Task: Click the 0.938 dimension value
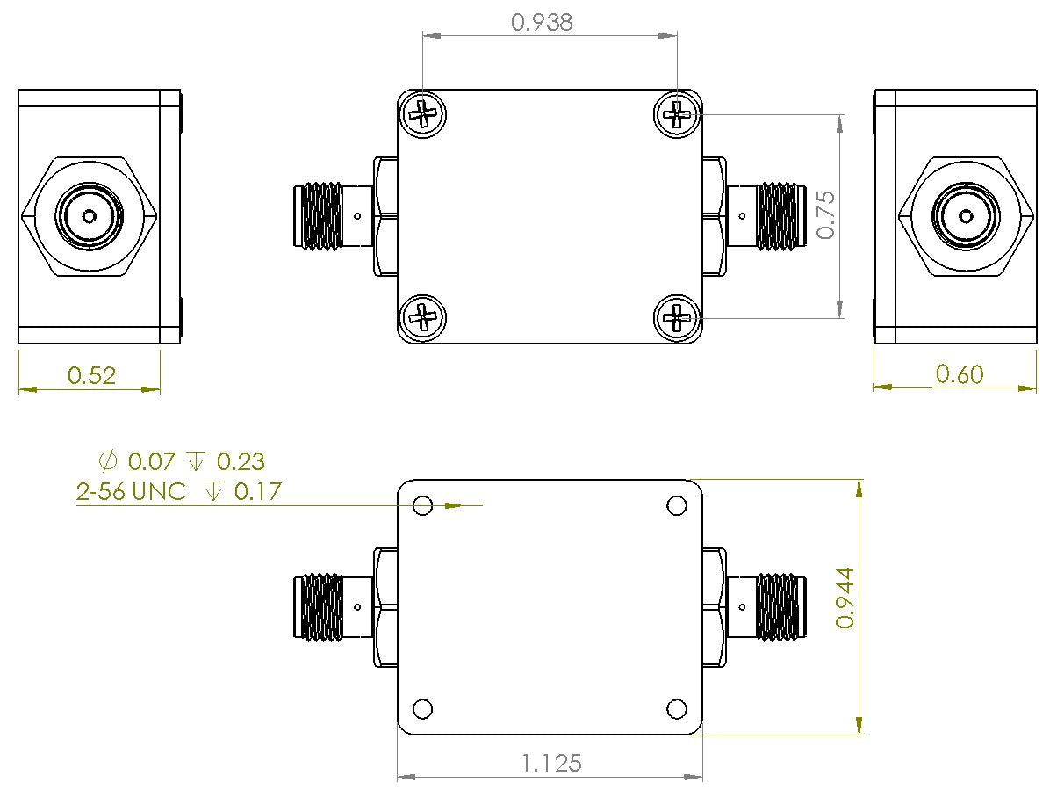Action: click(542, 22)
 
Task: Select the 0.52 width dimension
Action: click(91, 376)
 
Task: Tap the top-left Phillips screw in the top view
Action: click(423, 114)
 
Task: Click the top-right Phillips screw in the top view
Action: click(677, 114)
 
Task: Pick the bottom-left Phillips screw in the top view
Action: click(423, 317)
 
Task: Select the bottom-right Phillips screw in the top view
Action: click(677, 317)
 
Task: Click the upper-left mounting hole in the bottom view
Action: click(422, 506)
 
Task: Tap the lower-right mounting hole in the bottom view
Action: click(677, 709)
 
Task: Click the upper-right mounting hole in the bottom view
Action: click(677, 506)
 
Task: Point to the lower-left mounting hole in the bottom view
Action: click(422, 709)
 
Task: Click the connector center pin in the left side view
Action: click(89, 216)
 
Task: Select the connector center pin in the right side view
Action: click(966, 216)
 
